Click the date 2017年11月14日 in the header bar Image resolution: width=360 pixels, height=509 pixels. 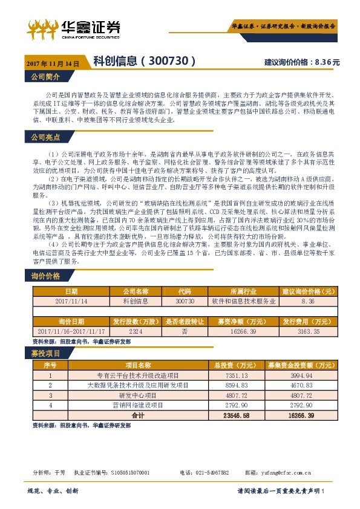click(53, 63)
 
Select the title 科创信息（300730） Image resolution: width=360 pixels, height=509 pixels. click(145, 61)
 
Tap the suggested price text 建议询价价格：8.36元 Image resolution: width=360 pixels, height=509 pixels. click(302, 62)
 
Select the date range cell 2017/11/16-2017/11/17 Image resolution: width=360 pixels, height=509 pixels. click(71, 332)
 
